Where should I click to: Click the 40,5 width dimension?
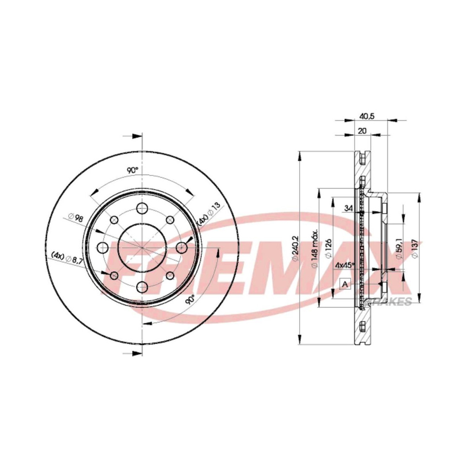click(363, 115)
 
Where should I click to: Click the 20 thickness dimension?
click(363, 131)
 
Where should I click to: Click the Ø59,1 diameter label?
click(398, 251)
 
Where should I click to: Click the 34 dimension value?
click(348, 209)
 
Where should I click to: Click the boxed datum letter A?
click(344, 284)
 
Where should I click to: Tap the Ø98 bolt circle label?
click(76, 218)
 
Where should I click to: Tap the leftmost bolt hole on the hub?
click(102, 247)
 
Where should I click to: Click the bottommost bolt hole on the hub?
click(142, 287)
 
